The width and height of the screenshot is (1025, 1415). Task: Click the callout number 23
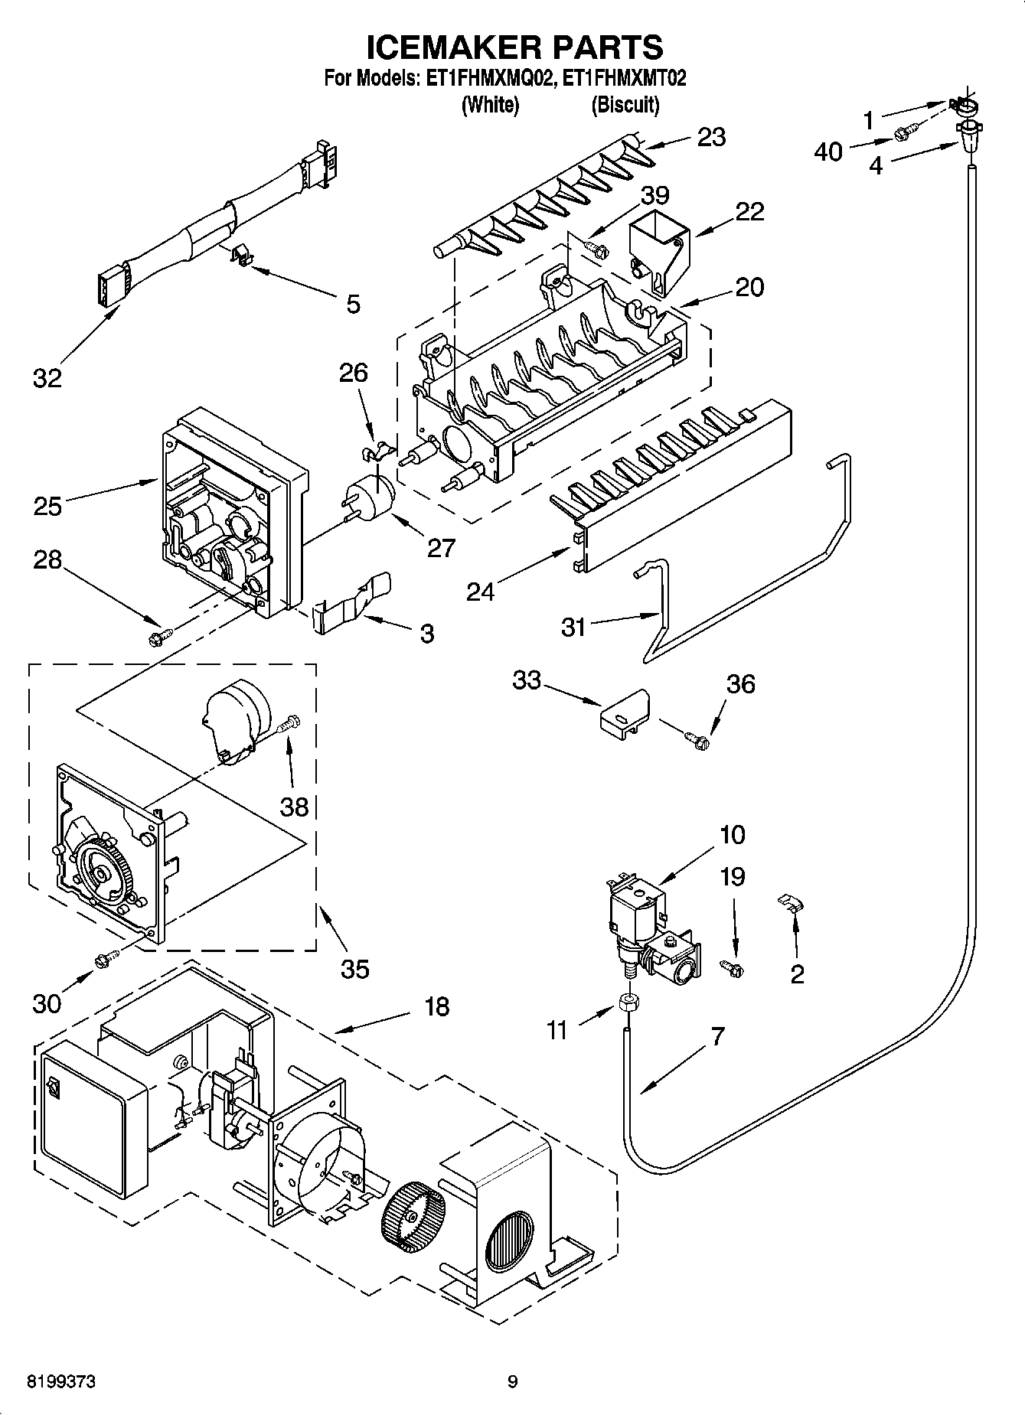coord(711,137)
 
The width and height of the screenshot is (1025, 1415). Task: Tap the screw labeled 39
coord(596,247)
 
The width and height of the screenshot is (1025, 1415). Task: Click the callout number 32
coord(47,377)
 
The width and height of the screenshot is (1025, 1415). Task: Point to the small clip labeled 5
coord(243,256)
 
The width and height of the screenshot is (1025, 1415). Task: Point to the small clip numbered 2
coord(788,902)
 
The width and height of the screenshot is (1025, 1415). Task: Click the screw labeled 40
coord(904,135)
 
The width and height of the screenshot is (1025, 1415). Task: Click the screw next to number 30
coord(105,958)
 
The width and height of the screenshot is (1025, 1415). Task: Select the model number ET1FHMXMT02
coord(624,78)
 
